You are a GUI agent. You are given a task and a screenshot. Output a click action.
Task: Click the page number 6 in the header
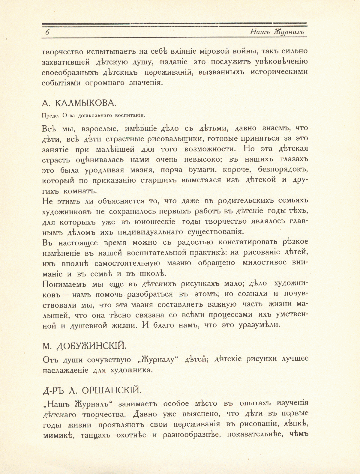tap(47, 33)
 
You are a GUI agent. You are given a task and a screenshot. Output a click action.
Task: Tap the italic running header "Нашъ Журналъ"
tap(277, 32)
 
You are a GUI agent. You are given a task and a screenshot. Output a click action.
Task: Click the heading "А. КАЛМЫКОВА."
tap(79, 103)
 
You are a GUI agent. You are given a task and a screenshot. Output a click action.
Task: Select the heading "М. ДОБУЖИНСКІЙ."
tap(84, 346)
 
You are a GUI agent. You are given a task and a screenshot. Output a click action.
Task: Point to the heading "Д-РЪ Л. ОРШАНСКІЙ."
tap(91, 390)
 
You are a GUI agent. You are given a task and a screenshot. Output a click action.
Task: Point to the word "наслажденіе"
tap(65, 370)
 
